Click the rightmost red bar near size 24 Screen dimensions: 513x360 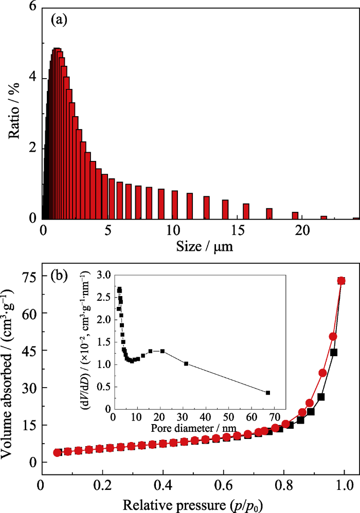point(356,219)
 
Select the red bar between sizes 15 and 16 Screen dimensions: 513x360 point(246,211)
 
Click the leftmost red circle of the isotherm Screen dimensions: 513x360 point(57,452)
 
